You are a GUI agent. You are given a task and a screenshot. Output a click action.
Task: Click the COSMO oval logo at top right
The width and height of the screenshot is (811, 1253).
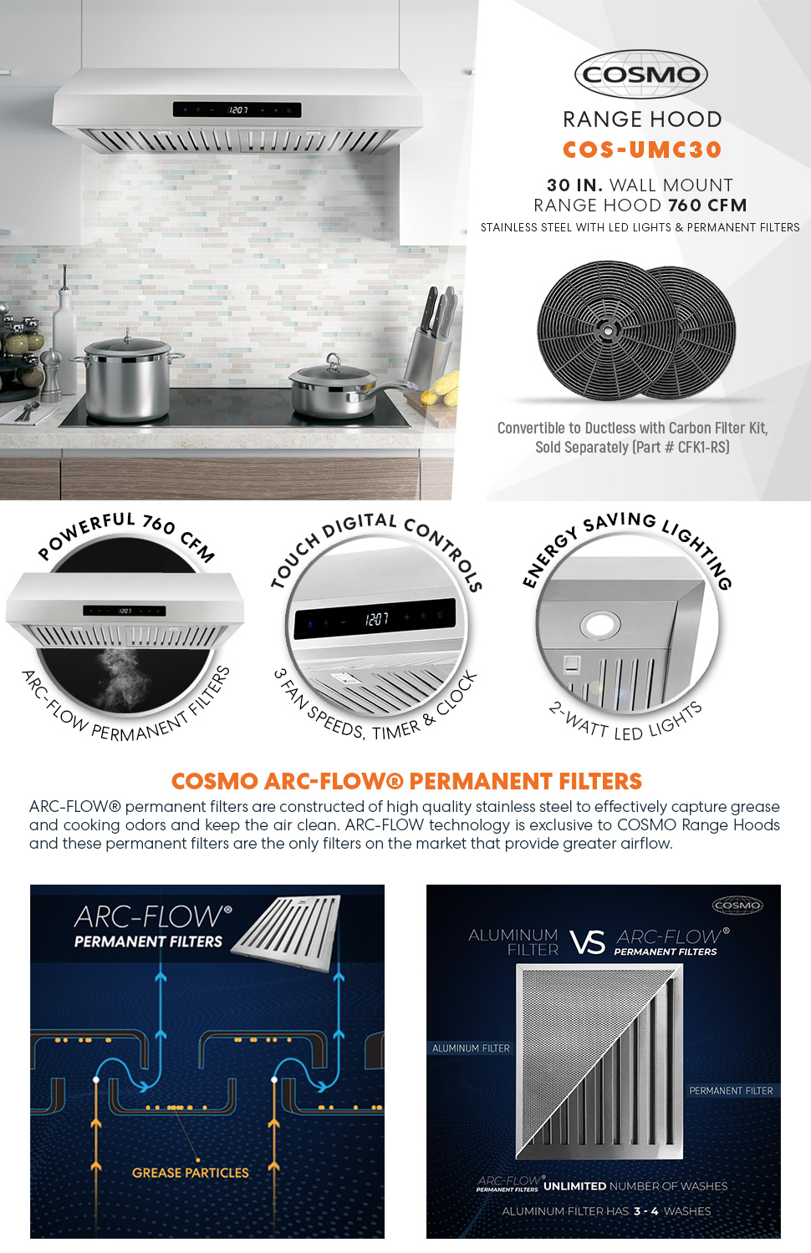tap(641, 74)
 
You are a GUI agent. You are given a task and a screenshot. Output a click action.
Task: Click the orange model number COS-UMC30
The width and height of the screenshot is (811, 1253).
tap(641, 150)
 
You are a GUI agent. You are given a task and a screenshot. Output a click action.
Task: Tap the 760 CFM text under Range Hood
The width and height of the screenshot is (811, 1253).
tap(706, 205)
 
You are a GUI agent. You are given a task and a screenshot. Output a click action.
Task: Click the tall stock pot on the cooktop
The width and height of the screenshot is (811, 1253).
tap(127, 377)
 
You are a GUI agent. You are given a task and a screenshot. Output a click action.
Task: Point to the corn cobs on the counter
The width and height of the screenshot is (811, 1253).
tap(443, 388)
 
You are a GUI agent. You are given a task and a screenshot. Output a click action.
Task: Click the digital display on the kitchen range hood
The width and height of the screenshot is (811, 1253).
tap(237, 109)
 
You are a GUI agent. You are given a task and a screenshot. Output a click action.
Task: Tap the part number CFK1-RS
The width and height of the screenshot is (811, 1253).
tap(702, 448)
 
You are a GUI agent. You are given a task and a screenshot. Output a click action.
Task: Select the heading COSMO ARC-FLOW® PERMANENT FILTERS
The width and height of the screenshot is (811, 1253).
tap(406, 781)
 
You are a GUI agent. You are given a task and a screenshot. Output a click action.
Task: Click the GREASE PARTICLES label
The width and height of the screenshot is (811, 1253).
tap(190, 1173)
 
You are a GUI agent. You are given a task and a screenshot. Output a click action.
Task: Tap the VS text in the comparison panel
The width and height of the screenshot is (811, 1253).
tap(587, 943)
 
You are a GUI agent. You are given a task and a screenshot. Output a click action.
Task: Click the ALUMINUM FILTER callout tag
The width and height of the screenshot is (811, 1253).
tap(471, 1048)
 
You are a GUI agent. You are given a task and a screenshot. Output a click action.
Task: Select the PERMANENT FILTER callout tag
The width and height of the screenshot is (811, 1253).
tap(730, 1091)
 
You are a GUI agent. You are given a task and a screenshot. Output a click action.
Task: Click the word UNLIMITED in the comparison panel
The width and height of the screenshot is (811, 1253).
tap(574, 1186)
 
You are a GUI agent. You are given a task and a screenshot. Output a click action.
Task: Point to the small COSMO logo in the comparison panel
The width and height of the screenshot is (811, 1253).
tap(737, 906)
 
